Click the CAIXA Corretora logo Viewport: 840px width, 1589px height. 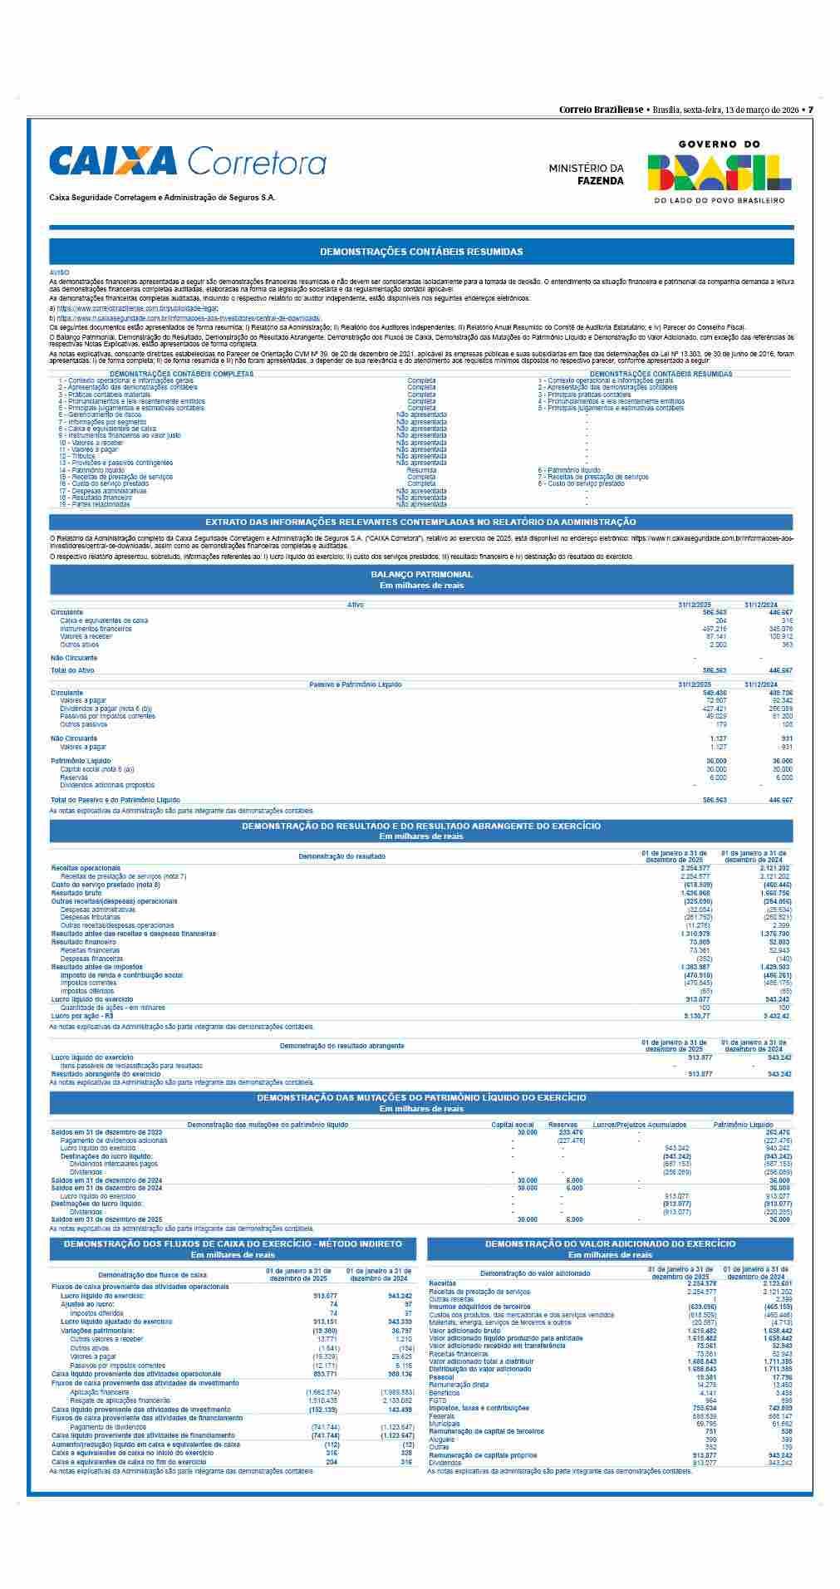(188, 161)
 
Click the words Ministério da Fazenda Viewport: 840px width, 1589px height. (586, 174)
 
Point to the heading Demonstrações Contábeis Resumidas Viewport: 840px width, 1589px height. (421, 251)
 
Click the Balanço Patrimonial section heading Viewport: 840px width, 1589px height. (421, 574)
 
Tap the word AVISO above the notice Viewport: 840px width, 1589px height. (59, 272)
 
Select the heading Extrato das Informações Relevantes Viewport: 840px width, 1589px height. (420, 522)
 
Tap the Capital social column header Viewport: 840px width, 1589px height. (513, 1125)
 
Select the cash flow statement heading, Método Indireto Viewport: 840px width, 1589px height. (233, 1243)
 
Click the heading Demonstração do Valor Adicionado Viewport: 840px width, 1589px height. (610, 1243)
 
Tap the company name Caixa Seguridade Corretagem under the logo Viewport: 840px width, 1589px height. (162, 198)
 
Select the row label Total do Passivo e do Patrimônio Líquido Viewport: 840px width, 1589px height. (115, 800)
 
